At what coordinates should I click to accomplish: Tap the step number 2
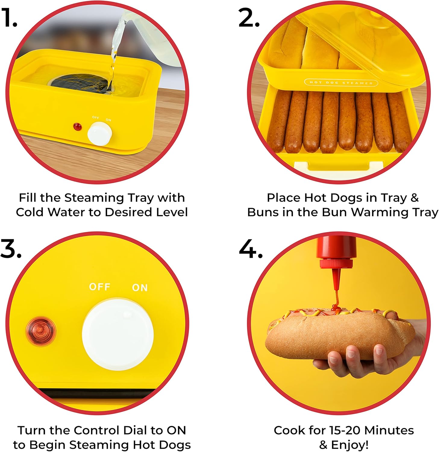click(249, 17)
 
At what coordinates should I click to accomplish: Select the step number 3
click(11, 249)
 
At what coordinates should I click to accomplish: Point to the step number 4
click(251, 249)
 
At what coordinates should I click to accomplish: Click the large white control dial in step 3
click(118, 334)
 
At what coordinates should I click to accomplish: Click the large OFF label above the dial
click(100, 287)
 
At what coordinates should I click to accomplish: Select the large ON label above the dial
click(140, 288)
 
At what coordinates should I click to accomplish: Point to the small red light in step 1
click(77, 127)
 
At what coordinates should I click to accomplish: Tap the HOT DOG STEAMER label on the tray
click(341, 83)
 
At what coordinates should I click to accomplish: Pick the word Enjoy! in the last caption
click(350, 445)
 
